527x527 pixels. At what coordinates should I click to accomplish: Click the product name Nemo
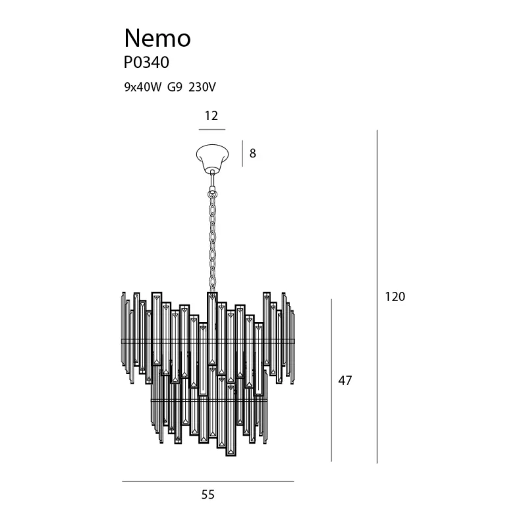[157, 38]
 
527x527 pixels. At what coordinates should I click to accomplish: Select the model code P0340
[146, 63]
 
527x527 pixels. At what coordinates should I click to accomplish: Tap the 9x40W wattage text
[142, 86]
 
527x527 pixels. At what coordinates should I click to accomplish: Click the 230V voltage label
[202, 86]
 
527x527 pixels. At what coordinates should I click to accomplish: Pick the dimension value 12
[211, 116]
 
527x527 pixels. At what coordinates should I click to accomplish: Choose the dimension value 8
[252, 154]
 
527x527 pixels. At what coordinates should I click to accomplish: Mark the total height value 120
[395, 296]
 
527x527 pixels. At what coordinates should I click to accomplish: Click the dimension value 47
[345, 381]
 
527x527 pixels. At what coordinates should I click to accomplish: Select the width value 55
[208, 495]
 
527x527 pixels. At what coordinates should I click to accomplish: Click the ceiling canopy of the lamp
[212, 157]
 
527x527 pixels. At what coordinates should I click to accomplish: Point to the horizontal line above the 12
[212, 130]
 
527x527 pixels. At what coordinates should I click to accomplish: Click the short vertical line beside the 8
[242, 153]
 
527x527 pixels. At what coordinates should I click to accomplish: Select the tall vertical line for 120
[377, 296]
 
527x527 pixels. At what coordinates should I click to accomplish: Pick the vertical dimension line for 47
[331, 381]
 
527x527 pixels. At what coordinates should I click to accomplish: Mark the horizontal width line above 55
[208, 482]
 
